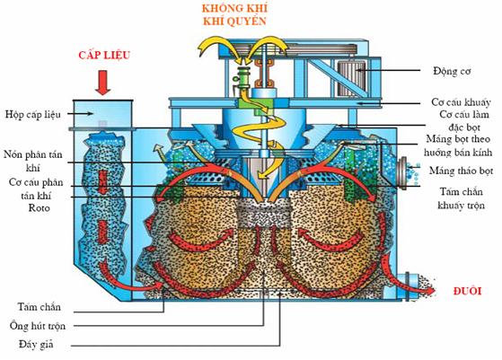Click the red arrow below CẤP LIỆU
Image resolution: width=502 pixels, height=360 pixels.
102,83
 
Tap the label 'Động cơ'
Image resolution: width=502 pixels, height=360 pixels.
452,71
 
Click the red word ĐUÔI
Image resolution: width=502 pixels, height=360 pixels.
467,291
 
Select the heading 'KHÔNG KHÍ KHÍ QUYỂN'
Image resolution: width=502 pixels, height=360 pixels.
234,14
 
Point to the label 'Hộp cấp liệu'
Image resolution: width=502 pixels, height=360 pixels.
32,114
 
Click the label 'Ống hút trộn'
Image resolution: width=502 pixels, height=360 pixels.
38,326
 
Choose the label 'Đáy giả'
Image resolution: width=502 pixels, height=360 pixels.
36,345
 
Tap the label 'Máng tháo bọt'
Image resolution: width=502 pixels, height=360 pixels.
461,171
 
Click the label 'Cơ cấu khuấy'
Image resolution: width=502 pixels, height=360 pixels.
461,102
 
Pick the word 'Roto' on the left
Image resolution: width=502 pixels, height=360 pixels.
39,208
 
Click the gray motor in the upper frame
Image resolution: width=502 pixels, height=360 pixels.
351,78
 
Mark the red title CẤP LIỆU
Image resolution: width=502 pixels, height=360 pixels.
104,55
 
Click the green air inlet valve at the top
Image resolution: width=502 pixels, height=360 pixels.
243,77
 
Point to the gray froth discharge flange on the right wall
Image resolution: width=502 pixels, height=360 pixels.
402,172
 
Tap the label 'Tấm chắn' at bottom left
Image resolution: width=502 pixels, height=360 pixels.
39,306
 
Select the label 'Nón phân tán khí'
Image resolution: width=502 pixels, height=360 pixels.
32,161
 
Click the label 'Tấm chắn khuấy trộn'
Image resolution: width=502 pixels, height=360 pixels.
461,198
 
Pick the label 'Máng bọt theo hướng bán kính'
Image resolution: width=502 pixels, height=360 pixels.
458,145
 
